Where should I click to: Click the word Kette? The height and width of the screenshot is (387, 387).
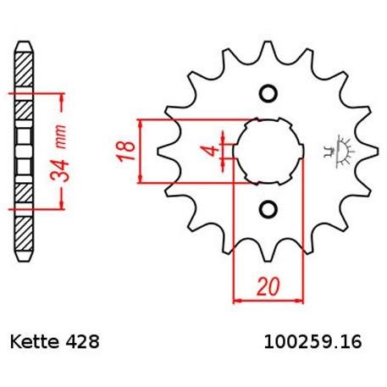coord(35,342)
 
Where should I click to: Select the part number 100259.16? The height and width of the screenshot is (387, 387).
coord(312,342)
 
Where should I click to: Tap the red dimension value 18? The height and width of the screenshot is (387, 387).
coord(126,151)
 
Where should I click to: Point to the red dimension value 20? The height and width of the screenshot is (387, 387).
coord(268,286)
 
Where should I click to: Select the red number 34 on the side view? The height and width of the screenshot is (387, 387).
coord(59,170)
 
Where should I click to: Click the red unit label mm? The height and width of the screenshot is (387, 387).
coord(60,137)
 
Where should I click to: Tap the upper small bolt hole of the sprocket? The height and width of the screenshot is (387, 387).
coord(268,93)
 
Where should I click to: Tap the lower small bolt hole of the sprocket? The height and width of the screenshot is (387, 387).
coord(268,209)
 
